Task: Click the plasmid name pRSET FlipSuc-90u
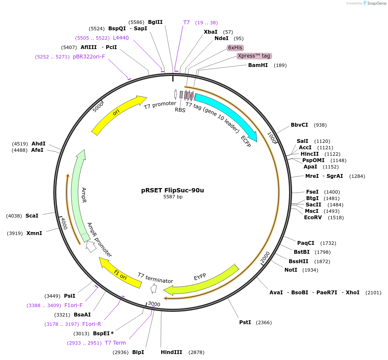click(x=172, y=190)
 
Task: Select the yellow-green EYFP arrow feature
click(x=200, y=282)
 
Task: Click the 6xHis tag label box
click(x=235, y=48)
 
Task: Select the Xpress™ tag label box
click(x=254, y=56)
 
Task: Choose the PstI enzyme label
click(x=245, y=322)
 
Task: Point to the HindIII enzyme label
click(x=171, y=352)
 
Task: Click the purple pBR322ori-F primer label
click(x=89, y=56)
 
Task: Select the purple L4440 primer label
click(x=121, y=38)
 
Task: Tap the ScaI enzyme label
click(x=32, y=216)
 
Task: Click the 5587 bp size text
click(x=173, y=197)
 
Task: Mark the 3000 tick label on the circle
click(x=154, y=304)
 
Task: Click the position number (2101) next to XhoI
click(x=373, y=293)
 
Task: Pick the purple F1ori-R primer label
click(x=92, y=324)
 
